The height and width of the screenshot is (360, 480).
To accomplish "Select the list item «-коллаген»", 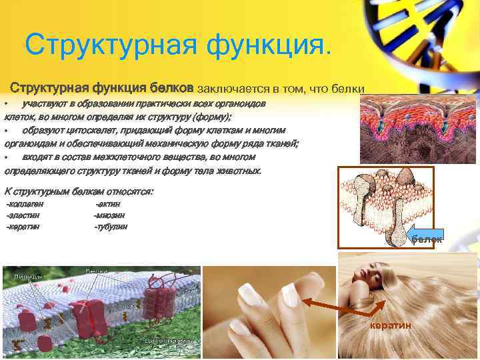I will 25,204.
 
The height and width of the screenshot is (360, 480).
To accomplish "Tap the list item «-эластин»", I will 23,215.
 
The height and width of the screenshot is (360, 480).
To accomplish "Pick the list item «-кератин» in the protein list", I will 23,227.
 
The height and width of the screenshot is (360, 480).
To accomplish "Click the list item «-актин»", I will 109,204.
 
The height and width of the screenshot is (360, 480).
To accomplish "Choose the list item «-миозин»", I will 110,215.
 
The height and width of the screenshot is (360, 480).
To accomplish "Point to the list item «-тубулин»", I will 111,227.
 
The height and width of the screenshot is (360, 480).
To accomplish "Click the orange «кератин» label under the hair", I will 390,325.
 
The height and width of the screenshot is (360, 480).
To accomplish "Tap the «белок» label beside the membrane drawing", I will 426,239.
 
